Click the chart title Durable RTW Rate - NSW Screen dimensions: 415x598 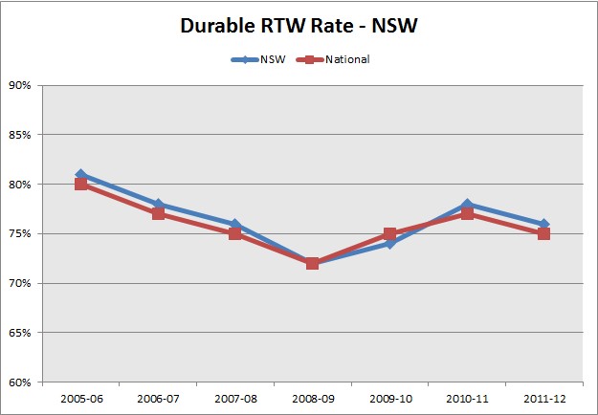click(299, 27)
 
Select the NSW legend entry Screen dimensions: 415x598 click(272, 59)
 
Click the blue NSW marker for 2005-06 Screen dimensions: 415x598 click(81, 175)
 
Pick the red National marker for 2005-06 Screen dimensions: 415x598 click(81, 185)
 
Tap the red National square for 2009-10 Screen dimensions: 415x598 click(389, 234)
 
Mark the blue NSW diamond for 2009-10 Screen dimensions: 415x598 click(389, 244)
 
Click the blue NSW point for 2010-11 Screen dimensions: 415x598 click(467, 205)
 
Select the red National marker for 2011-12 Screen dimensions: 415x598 click(543, 234)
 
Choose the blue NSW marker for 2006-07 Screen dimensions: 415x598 click(159, 205)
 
